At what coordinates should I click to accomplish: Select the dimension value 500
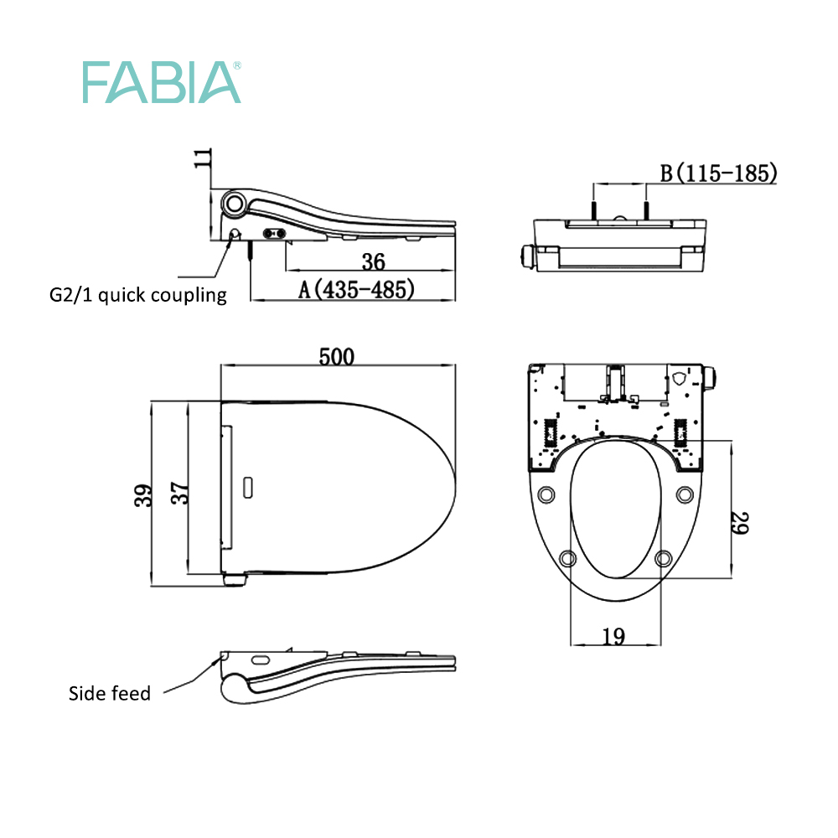click(x=336, y=355)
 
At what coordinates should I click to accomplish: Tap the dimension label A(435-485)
click(x=357, y=289)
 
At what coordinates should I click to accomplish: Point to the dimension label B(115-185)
click(x=719, y=173)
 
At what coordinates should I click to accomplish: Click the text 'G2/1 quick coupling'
click(x=137, y=295)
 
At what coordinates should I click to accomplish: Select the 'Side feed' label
click(x=110, y=693)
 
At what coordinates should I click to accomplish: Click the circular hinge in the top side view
click(x=235, y=203)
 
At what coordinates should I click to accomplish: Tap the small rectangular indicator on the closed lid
click(x=249, y=485)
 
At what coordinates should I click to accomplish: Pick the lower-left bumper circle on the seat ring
click(x=567, y=558)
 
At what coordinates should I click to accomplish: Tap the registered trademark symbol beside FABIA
click(x=236, y=65)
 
